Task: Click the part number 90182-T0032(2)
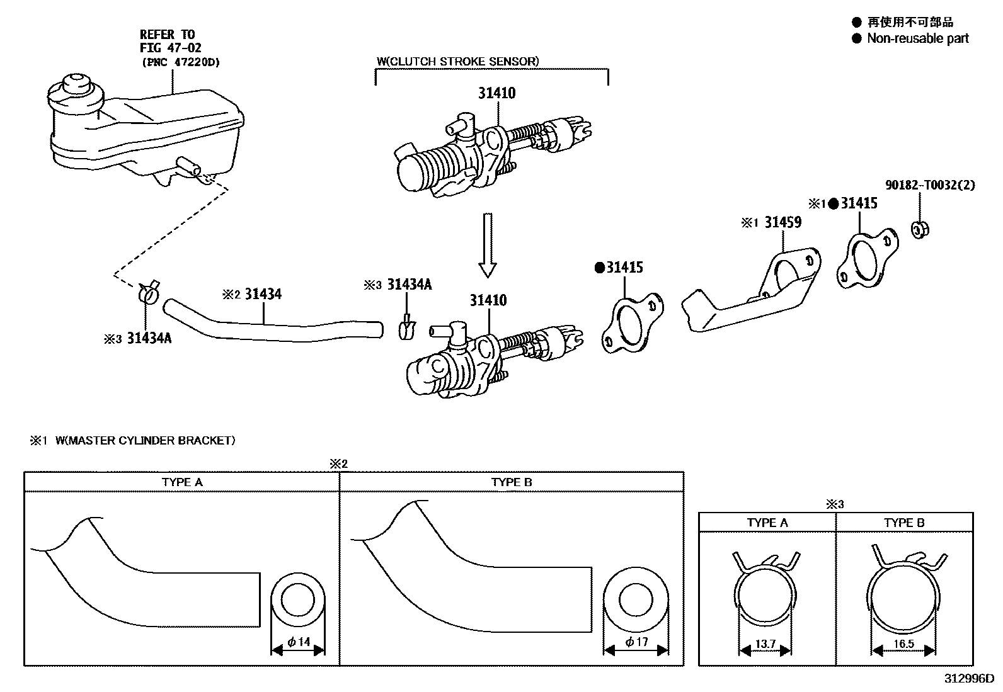tap(930, 185)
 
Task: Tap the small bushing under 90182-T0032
tap(920, 229)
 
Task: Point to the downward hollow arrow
tap(487, 246)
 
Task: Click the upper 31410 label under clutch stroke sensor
tap(496, 93)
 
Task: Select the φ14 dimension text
tap(299, 642)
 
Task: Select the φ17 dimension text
tap(636, 642)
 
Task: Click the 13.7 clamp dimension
tap(765, 644)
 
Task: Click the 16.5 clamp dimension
tap(903, 644)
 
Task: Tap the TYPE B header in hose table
tap(512, 482)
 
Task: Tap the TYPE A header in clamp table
tap(767, 523)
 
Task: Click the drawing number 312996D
tap(968, 679)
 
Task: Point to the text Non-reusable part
tap(917, 38)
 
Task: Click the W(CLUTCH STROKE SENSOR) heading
tap(458, 61)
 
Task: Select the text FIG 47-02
tap(170, 48)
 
